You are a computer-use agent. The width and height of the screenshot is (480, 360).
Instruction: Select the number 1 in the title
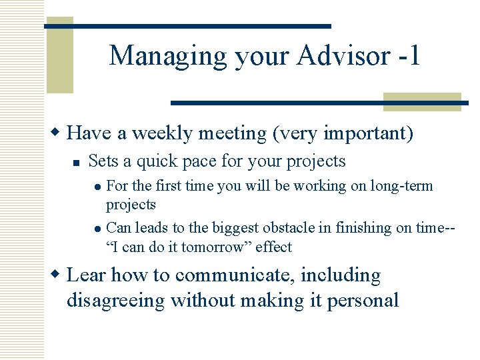coord(415,55)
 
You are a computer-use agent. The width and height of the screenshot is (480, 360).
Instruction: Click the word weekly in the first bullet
coord(162,133)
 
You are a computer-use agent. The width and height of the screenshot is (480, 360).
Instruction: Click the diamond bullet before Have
coord(58,133)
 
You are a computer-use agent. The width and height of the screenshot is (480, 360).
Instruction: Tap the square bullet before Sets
coord(77,162)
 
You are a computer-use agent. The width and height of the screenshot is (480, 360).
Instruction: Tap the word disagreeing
coord(115,301)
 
